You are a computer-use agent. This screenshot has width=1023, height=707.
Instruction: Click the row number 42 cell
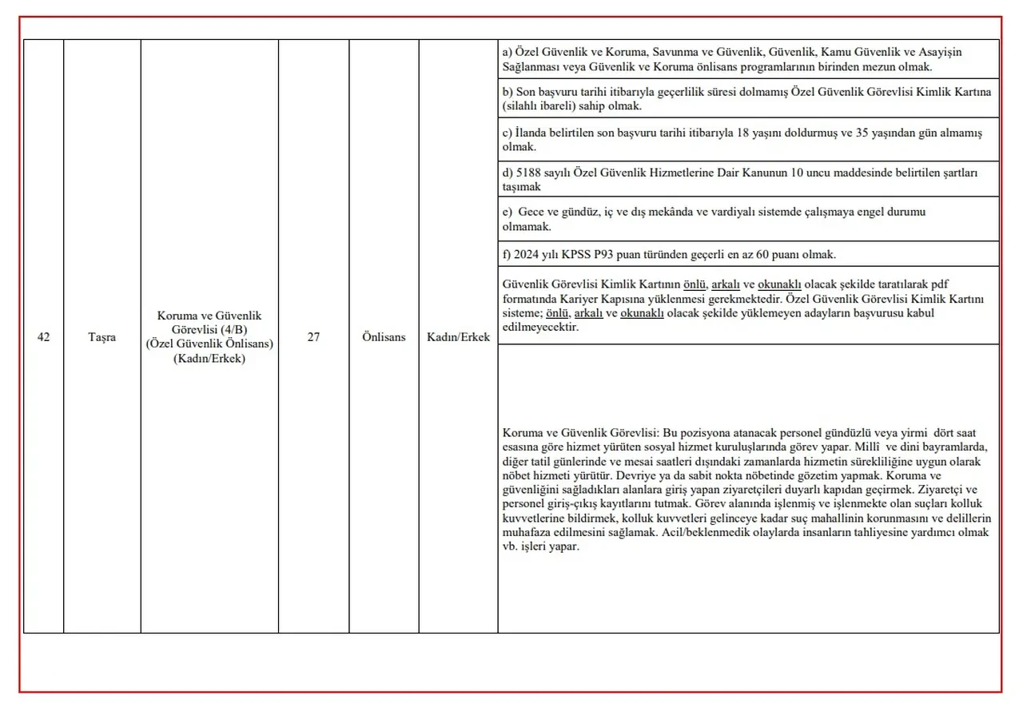[43, 337]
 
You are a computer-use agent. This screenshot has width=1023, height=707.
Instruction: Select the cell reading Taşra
[102, 337]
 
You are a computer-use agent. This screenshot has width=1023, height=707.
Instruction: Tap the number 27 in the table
[313, 337]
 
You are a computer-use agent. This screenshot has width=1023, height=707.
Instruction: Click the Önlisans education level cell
[383, 337]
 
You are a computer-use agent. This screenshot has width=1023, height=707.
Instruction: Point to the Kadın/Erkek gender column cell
[458, 337]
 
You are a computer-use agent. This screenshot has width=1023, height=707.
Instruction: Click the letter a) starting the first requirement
[508, 52]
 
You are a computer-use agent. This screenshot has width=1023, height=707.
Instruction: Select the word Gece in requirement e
[531, 212]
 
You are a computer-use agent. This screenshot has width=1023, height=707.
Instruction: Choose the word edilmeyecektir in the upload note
[540, 328]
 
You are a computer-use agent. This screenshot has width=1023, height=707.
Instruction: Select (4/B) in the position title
[233, 330]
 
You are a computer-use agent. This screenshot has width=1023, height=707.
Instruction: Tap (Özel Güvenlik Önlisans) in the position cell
[209, 344]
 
